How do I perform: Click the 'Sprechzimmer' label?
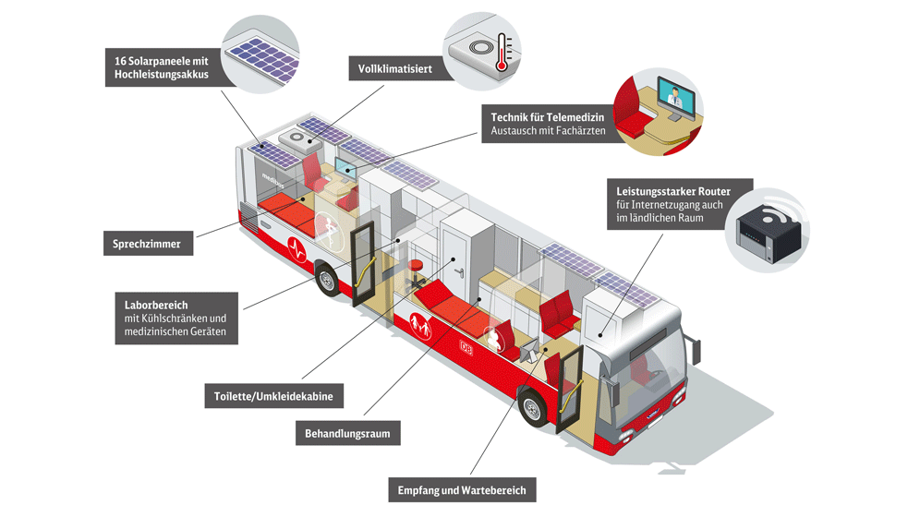[x=148, y=245]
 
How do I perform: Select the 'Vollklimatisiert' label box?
[x=395, y=69]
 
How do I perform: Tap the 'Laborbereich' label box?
[x=176, y=318]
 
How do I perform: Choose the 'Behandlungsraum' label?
[x=347, y=433]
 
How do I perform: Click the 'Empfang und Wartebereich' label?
[x=461, y=490]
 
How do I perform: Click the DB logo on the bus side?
[x=466, y=347]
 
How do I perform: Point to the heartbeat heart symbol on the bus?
[x=297, y=248]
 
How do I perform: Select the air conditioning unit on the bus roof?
[x=300, y=139]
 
